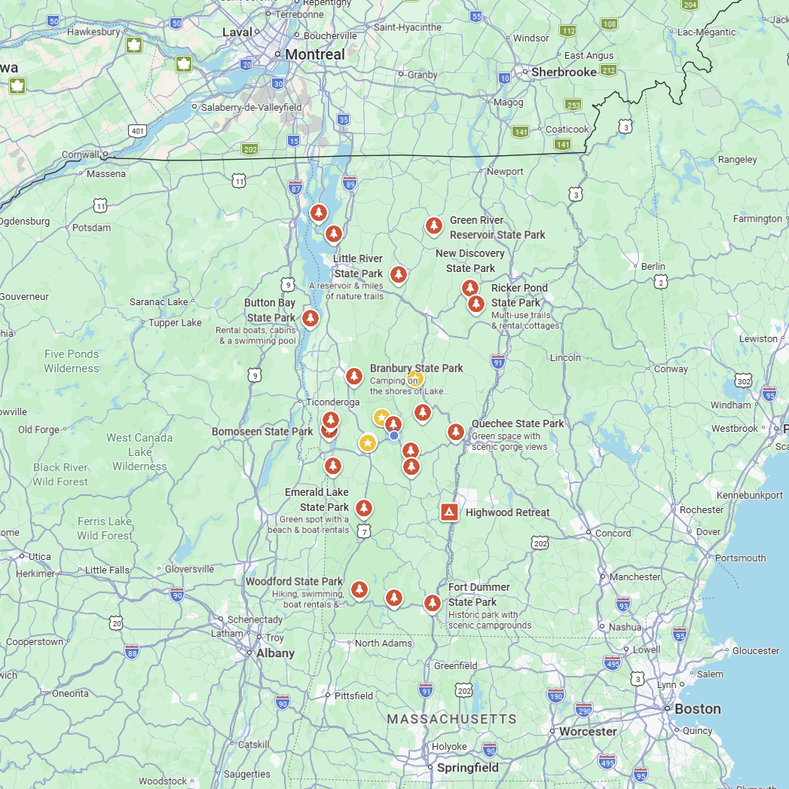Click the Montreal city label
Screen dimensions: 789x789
314,54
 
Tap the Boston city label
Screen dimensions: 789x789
697,708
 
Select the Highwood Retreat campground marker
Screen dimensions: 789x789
449,512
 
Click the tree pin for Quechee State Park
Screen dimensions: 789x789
455,432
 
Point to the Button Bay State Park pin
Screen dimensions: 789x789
310,319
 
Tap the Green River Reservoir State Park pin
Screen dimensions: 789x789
433,225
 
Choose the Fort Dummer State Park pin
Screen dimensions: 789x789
432,603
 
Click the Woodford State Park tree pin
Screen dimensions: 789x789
359,589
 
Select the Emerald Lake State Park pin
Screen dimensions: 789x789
364,508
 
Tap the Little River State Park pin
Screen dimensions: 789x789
399,274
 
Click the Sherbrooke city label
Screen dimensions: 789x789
564,72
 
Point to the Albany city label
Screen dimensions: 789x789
275,653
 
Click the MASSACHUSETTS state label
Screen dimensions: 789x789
451,719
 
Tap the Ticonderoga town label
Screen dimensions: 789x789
333,402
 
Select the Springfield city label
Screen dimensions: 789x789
467,768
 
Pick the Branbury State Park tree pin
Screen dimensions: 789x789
354,376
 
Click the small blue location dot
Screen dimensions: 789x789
394,435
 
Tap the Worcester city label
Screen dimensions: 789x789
588,731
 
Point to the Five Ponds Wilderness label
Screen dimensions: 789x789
72,361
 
